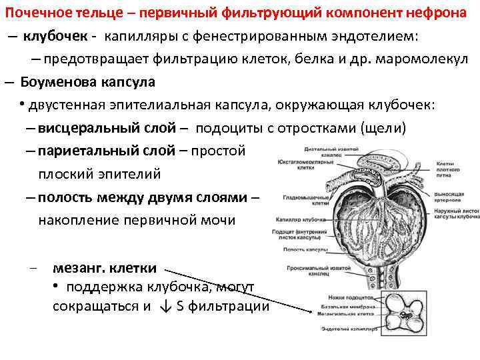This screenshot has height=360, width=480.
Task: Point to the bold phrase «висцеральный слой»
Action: click(107, 128)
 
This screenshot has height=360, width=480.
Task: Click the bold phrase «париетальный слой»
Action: click(107, 151)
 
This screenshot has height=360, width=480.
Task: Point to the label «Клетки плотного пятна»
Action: click(449, 169)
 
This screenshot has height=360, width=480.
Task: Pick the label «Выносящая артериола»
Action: click(450, 195)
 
